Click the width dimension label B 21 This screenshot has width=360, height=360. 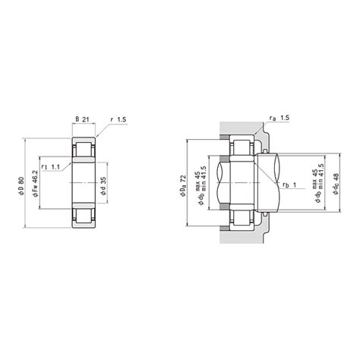[83, 119]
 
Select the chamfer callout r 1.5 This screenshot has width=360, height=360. [118, 119]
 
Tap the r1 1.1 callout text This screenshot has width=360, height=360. [51, 167]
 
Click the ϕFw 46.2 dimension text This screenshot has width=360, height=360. [35, 184]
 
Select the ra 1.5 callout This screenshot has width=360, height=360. [279, 118]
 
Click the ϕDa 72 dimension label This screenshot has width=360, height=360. [183, 185]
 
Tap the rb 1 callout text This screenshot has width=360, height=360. [289, 185]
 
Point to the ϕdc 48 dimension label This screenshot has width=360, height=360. [336, 184]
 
